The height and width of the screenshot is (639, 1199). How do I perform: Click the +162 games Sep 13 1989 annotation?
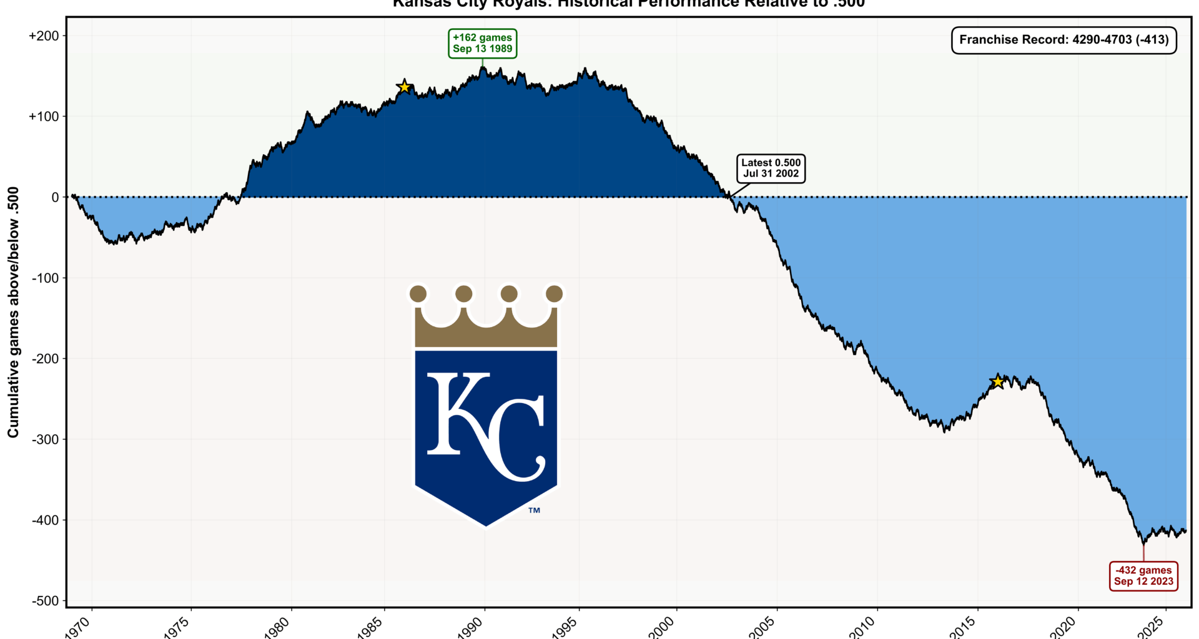click(482, 44)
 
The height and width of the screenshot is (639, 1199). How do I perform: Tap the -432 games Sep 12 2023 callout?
click(1143, 576)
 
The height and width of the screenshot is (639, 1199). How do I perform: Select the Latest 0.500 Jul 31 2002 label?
click(771, 168)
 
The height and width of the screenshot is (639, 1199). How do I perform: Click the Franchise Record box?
click(1063, 40)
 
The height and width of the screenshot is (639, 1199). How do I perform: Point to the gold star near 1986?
click(405, 87)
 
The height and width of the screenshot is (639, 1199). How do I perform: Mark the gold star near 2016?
click(998, 382)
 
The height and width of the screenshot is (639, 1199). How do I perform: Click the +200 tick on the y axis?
click(44, 36)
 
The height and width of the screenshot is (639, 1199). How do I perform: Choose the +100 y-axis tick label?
click(44, 117)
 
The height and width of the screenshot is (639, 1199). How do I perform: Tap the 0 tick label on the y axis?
click(56, 197)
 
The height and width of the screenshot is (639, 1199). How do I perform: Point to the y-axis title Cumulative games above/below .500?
click(13, 312)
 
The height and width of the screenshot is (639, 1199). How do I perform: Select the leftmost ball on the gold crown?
click(418, 293)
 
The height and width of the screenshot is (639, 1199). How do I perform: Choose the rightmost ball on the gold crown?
click(554, 293)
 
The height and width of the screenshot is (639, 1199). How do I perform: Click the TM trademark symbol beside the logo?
click(534, 510)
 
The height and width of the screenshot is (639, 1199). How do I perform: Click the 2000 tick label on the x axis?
click(663, 627)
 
